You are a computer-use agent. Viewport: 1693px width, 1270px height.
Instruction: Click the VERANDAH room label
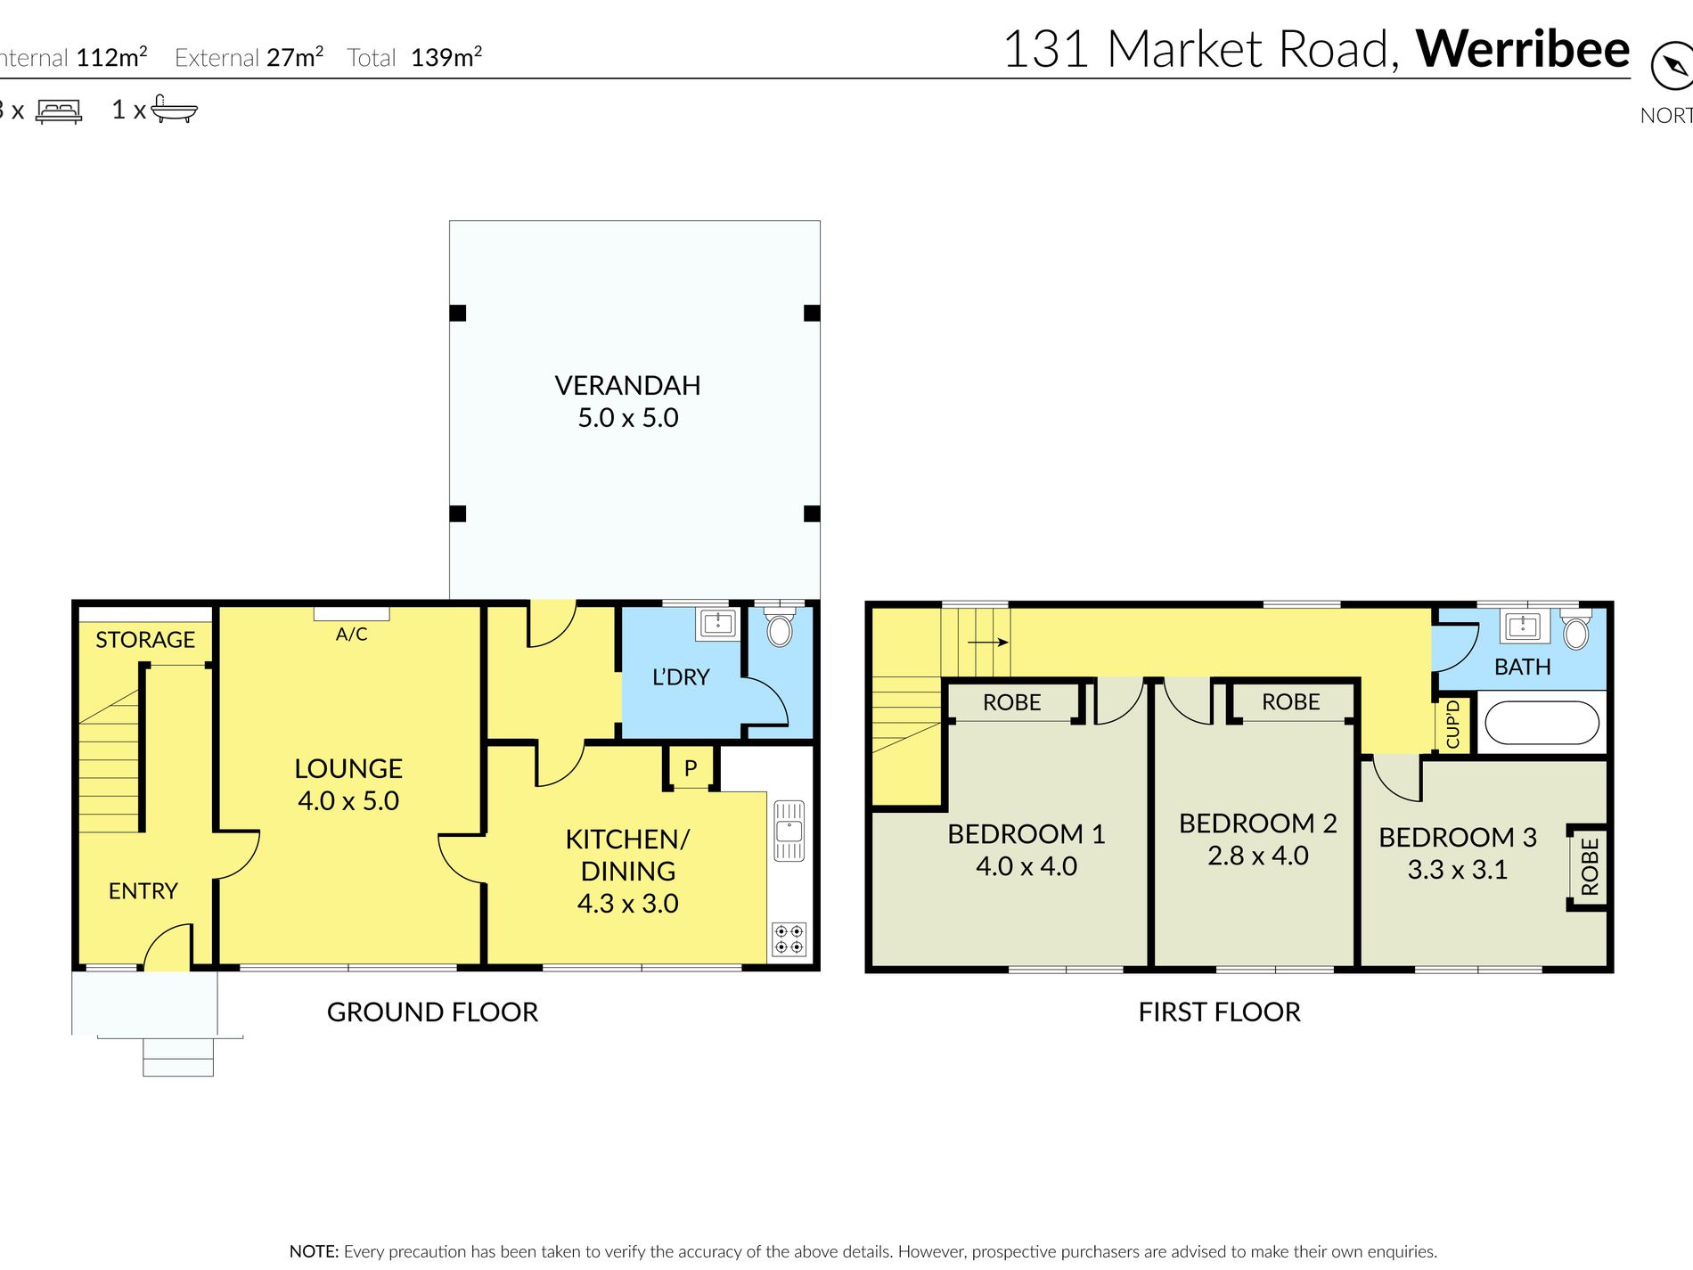627,386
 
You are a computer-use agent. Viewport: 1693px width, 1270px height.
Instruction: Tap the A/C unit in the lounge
351,614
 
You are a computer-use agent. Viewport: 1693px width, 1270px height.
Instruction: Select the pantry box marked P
691,768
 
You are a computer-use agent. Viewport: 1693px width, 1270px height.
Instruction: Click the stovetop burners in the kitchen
789,939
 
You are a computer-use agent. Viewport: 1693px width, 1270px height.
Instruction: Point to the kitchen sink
789,832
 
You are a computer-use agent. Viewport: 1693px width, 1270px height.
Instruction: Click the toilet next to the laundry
780,628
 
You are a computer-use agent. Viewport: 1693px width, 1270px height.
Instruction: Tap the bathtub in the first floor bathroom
1542,723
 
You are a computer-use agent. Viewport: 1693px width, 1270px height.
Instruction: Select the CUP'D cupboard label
1452,724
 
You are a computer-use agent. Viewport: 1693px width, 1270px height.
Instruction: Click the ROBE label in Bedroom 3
1590,866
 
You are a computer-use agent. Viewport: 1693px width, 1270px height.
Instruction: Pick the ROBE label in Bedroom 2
1290,702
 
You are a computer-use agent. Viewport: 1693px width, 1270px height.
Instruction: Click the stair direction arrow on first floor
987,642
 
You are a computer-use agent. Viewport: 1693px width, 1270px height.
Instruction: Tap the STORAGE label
145,640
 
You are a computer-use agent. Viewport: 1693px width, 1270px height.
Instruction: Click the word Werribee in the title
1522,49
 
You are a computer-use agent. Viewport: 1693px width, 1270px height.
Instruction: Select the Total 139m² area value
446,58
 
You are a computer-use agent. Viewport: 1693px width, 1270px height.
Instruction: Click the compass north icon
1671,67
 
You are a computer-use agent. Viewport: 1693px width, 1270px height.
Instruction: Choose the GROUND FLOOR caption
432,1012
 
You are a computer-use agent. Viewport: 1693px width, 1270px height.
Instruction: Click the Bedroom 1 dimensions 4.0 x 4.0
1026,866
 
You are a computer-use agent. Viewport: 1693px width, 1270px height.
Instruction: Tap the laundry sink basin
717,623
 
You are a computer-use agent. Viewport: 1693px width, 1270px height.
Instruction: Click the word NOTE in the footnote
314,1251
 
